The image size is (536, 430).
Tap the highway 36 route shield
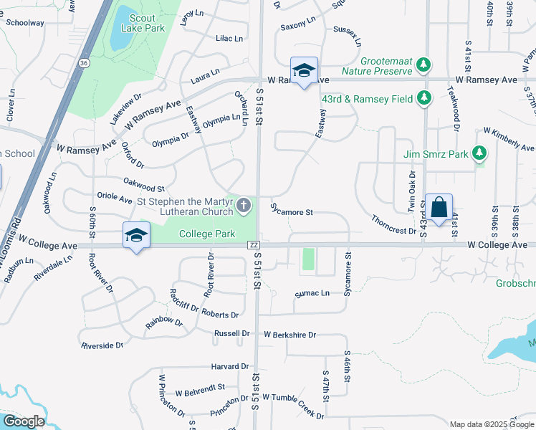85,63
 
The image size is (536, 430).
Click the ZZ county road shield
253,245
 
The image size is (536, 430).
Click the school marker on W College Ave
136,235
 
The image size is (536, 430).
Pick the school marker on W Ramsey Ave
304,70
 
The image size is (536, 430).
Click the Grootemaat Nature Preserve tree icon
423,65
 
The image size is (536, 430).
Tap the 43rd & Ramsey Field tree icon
425,98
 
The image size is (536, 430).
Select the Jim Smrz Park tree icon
479,153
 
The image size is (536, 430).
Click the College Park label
207,234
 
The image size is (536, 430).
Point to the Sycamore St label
292,211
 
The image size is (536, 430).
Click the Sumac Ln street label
312,293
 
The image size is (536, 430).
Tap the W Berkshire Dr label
289,335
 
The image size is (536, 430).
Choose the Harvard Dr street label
229,367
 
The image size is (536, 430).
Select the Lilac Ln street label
229,39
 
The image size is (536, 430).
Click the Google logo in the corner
23,421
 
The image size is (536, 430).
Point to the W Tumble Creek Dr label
292,405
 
